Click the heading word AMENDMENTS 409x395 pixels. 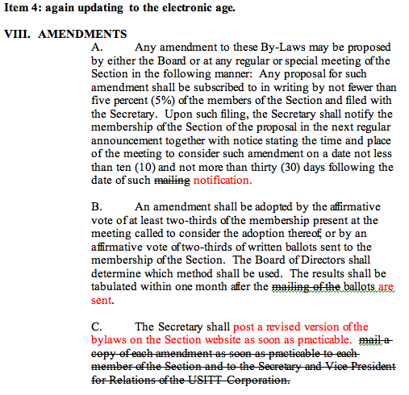point(82,35)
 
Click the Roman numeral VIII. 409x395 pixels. point(19,35)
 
